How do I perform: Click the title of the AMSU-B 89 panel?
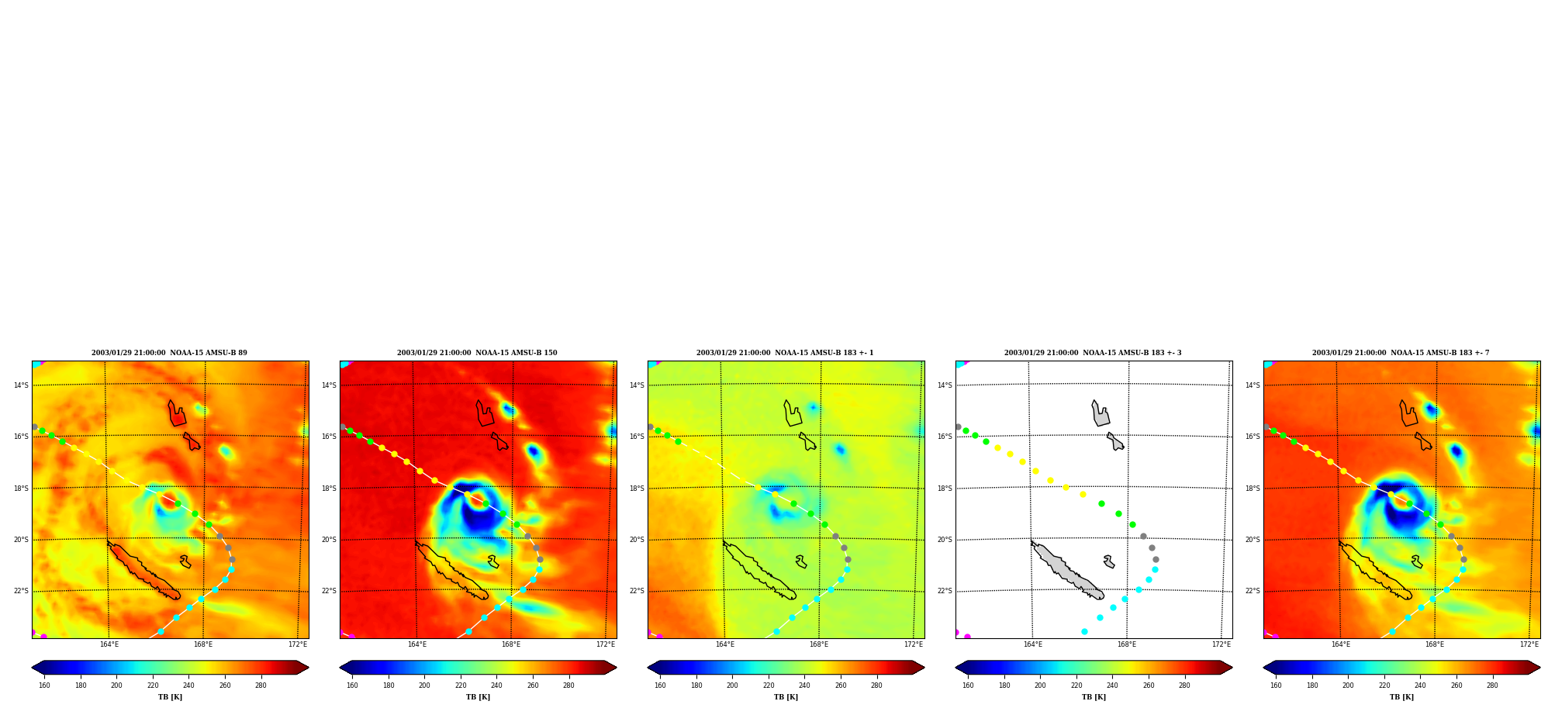tap(169, 353)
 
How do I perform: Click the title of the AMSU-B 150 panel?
tap(477, 353)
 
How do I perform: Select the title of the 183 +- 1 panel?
tap(785, 353)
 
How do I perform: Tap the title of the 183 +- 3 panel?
tap(1093, 353)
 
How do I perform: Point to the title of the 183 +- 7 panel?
tap(1401, 353)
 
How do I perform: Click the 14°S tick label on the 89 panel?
tap(21, 385)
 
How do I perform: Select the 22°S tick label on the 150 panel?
tap(329, 591)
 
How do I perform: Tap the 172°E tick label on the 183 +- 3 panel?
tap(1221, 644)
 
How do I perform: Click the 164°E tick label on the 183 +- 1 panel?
tap(725, 644)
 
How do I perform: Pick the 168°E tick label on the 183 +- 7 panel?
tap(1435, 644)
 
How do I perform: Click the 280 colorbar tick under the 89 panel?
tap(261, 686)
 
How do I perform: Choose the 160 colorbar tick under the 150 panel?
tap(352, 686)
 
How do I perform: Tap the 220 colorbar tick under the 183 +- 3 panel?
tap(1076, 686)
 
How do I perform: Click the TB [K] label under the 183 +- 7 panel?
tap(1401, 697)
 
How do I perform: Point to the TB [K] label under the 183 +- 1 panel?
tap(786, 697)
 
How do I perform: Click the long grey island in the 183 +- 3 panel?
tap(1067, 571)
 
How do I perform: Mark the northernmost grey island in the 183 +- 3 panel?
tap(1101, 415)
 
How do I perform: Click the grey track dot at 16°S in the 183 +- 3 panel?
tap(958, 427)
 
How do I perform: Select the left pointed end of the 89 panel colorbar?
tap(33, 668)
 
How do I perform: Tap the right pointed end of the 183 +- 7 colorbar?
tap(1539, 668)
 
